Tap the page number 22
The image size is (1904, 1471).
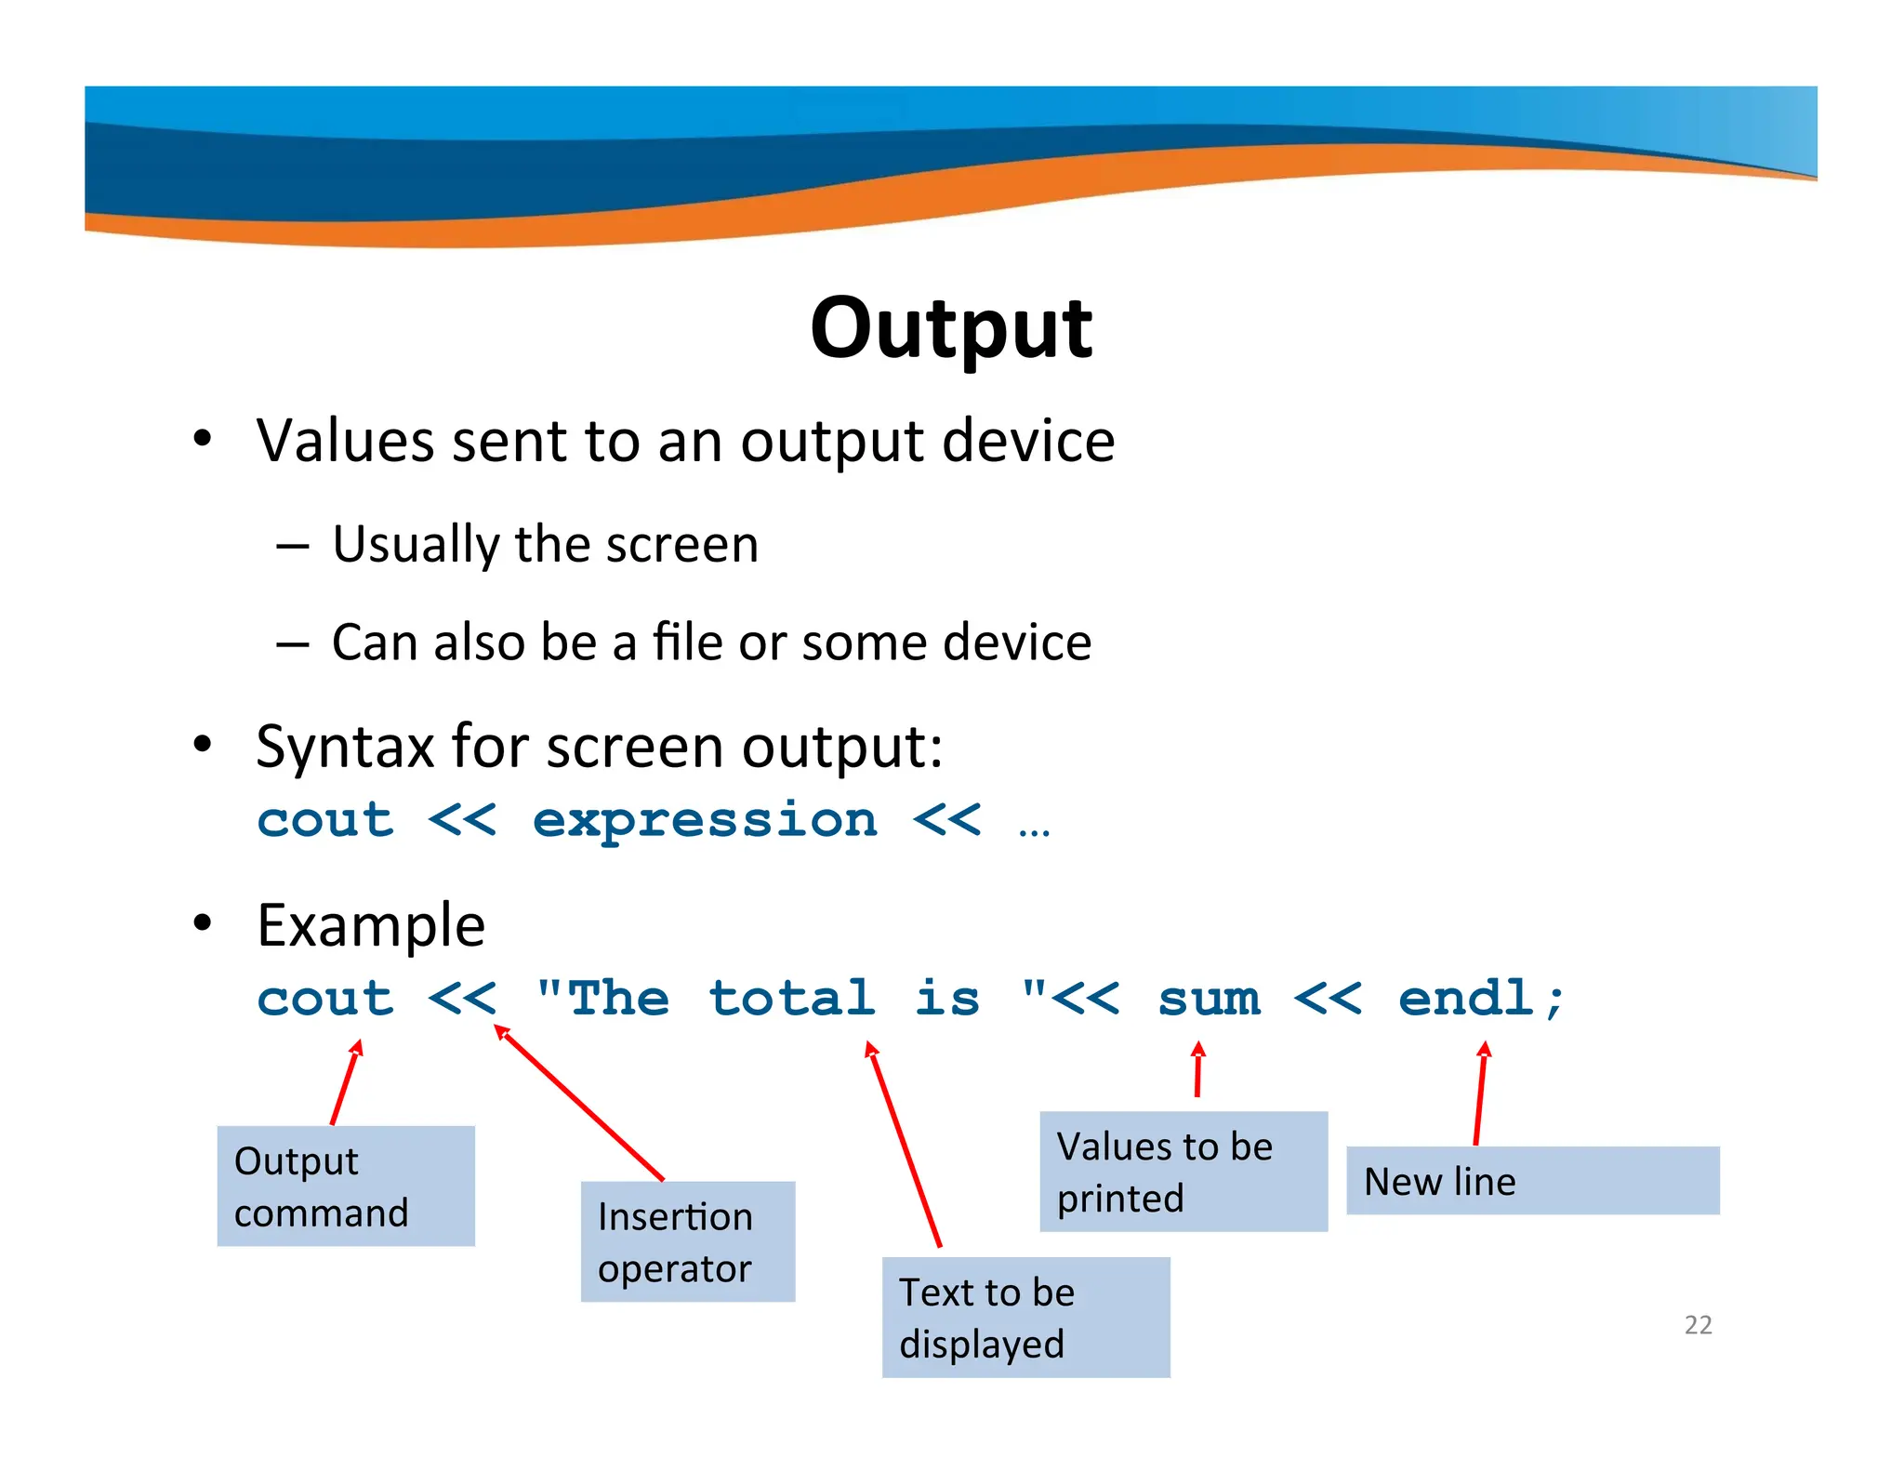tap(1698, 1324)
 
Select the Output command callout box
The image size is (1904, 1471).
tap(346, 1186)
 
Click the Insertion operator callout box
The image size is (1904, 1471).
tap(687, 1241)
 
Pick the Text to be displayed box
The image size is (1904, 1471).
tap(1025, 1317)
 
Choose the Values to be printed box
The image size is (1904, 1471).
tap(1183, 1171)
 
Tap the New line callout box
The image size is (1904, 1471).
tap(1532, 1180)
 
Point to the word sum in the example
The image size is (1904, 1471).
tap(1209, 1000)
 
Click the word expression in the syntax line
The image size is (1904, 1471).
tap(705, 821)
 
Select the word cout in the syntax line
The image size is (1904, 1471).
tap(325, 821)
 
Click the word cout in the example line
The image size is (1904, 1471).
tap(325, 1000)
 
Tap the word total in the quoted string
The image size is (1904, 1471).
tap(791, 999)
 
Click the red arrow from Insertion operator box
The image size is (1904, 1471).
tap(581, 1104)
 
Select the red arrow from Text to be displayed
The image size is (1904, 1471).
tap(905, 1145)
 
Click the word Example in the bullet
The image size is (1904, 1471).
tap(371, 926)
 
